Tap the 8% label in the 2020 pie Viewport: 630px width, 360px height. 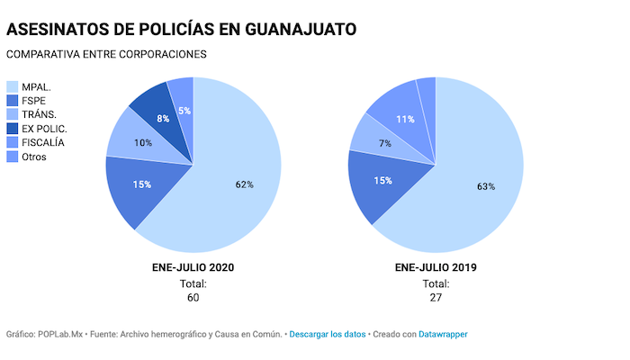click(163, 118)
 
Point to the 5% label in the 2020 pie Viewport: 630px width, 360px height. click(184, 111)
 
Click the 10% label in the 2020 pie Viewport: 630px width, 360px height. click(143, 143)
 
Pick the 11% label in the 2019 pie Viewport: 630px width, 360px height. click(405, 119)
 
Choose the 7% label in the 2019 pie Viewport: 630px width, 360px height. click(384, 144)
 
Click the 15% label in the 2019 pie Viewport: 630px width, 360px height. click(383, 181)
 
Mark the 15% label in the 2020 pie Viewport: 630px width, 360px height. click(141, 184)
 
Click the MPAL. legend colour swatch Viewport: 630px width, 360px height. click(13, 86)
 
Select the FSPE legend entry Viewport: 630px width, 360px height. click(35, 101)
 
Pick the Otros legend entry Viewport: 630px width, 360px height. click(34, 157)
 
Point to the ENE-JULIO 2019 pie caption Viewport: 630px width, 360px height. click(436, 267)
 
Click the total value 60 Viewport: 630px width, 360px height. click(193, 298)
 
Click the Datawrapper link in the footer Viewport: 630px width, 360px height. click(444, 334)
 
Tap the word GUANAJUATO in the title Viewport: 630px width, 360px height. click(289, 29)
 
